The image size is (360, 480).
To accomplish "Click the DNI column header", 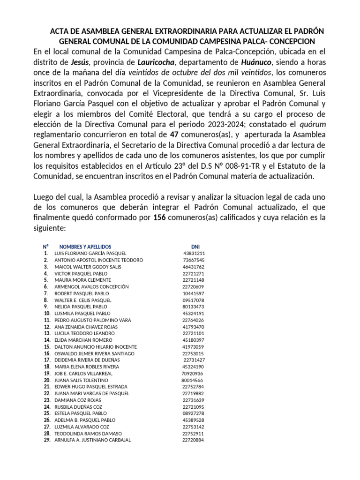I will click(x=195, y=247).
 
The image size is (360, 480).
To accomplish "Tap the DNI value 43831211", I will click(x=194, y=254).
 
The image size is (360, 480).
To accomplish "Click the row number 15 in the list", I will click(x=47, y=347).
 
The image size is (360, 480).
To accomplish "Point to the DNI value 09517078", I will click(x=193, y=300).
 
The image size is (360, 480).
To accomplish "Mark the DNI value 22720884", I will click(x=193, y=440).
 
